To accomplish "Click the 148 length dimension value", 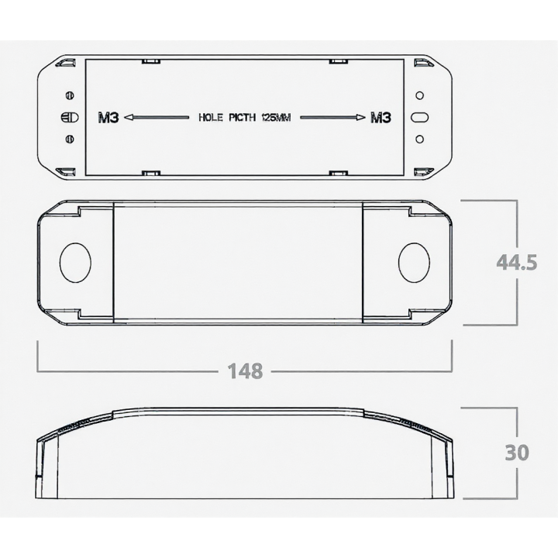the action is pos(245,370).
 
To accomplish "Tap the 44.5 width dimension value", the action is pos(516,263).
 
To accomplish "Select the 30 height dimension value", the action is pos(517,453).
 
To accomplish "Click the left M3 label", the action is pos(108,118).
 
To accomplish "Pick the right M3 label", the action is pos(381,118).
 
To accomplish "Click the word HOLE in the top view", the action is pos(210,118).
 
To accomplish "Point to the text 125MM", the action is pos(276,118).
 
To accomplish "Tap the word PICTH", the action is pos(242,118).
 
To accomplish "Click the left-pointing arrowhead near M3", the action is pos(129,118).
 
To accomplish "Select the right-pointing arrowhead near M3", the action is pos(360,118).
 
